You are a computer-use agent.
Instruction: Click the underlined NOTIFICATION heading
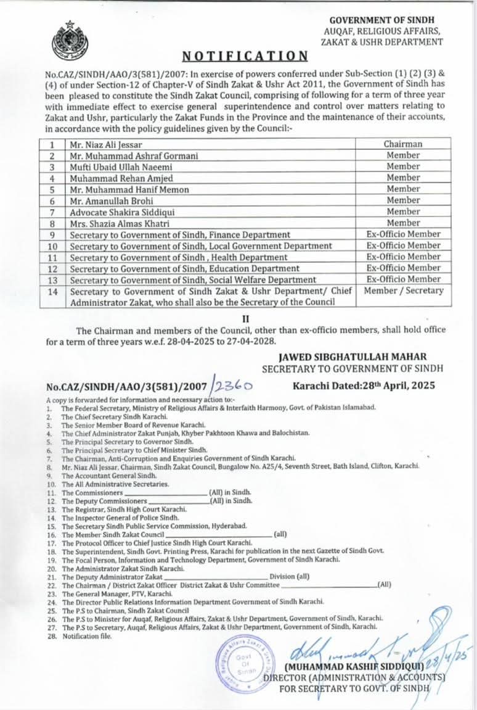[245, 56]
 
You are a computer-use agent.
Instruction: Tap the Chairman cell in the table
[403, 144]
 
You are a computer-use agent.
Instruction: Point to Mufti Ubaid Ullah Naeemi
[121, 167]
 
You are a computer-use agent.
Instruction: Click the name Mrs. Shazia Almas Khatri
[120, 223]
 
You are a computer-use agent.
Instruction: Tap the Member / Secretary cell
[404, 291]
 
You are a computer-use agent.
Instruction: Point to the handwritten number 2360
[232, 387]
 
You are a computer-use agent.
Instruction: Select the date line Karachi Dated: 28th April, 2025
[364, 386]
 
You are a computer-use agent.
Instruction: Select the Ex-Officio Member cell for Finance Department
[404, 234]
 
